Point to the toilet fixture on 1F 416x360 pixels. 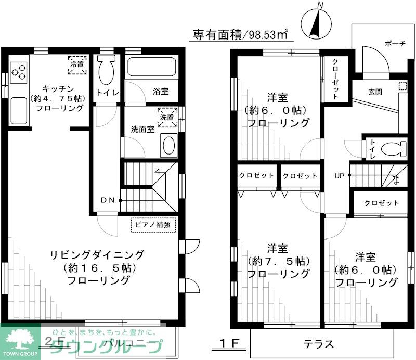click(394, 148)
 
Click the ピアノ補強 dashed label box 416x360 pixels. click(153, 225)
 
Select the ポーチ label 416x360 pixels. click(395, 44)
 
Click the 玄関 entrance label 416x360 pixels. click(375, 92)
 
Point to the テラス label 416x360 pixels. click(318, 344)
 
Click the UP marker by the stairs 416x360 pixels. click(340, 175)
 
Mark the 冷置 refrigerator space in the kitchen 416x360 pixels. click(76, 64)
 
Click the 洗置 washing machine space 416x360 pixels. click(167, 117)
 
